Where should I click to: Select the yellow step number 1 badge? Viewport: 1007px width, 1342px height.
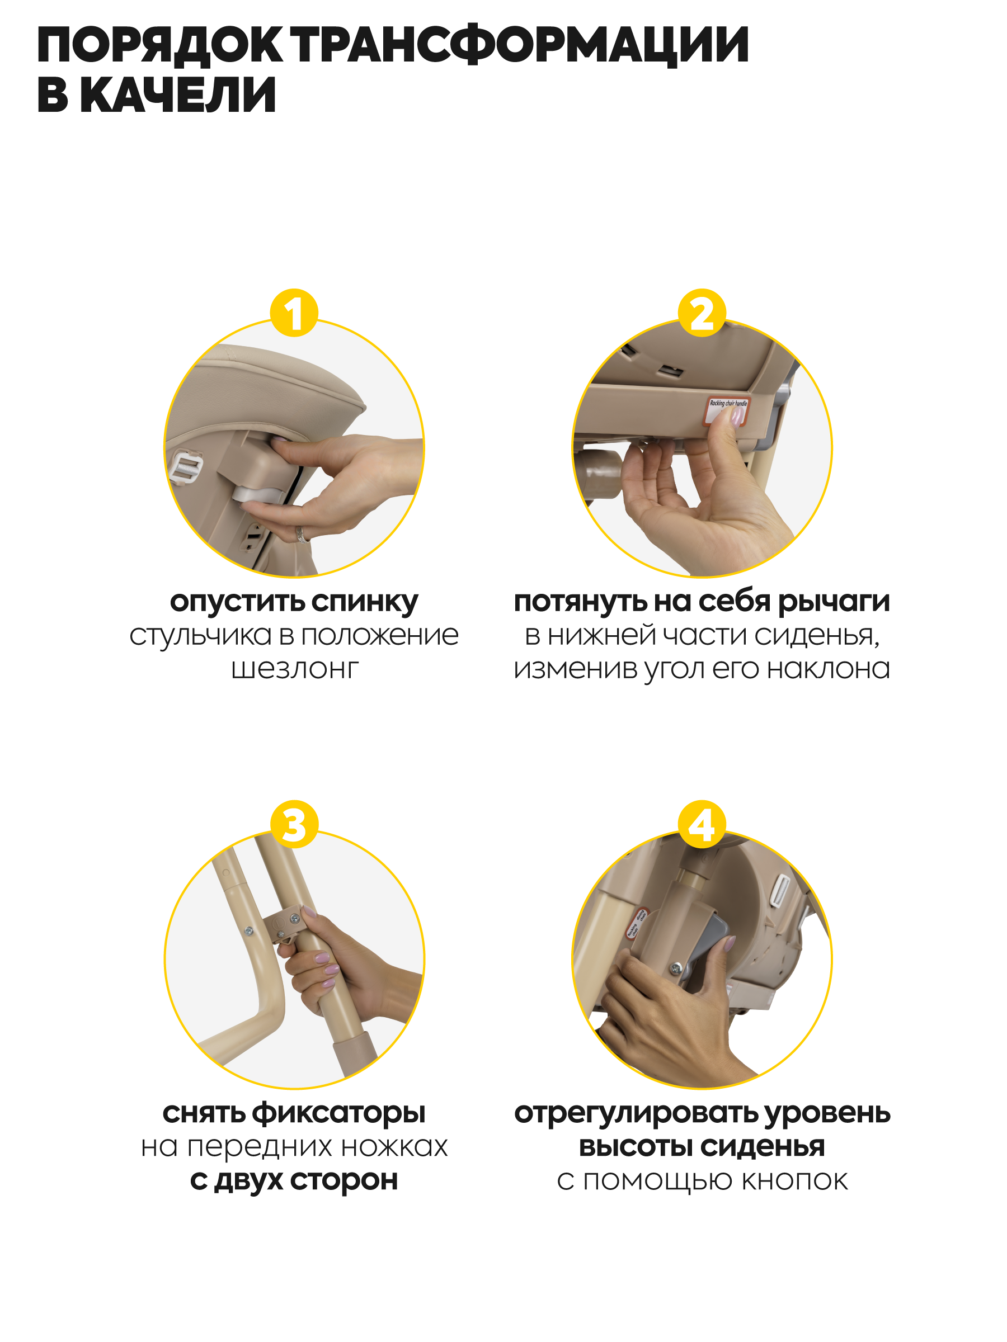pyautogui.click(x=294, y=313)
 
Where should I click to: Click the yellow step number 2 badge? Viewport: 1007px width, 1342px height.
pyautogui.click(x=702, y=313)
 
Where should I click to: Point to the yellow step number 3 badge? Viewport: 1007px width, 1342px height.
pyautogui.click(x=294, y=825)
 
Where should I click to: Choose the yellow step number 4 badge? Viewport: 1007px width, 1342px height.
pyautogui.click(x=702, y=825)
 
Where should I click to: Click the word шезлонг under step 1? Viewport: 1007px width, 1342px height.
pyautogui.click(x=294, y=669)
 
